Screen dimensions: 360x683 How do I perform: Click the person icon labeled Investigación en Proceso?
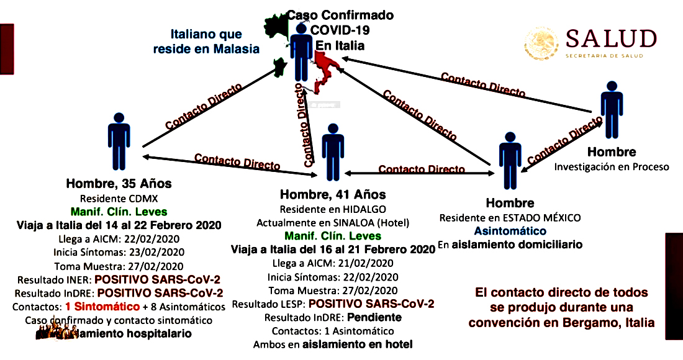611,109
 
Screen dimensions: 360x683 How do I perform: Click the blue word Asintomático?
510,231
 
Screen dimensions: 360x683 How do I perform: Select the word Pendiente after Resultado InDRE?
375,317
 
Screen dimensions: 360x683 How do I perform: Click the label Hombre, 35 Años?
119,184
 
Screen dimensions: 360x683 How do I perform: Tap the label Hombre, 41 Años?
333,195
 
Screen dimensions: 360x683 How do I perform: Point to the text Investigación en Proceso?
612,166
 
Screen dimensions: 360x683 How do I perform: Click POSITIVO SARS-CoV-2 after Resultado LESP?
371,304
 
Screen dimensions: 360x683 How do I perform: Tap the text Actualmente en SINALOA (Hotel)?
333,222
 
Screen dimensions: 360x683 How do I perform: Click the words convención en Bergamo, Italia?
561,322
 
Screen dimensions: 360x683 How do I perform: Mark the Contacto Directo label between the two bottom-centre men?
422,169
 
